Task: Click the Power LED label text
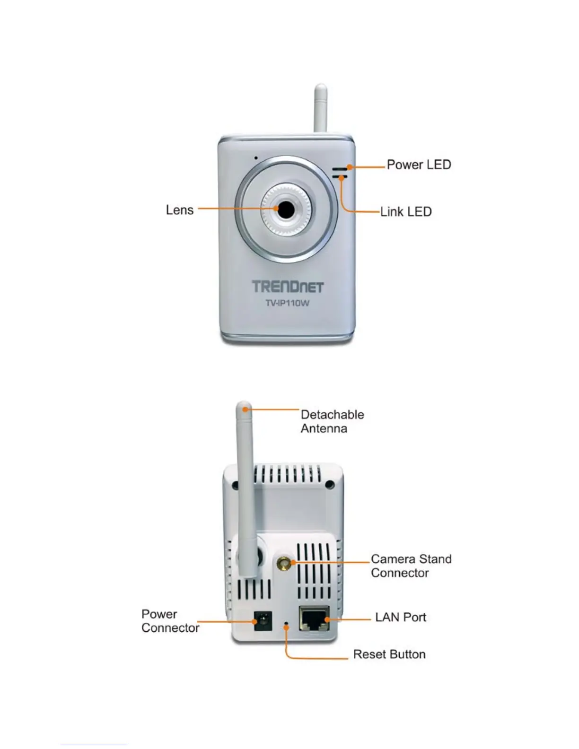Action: (419, 165)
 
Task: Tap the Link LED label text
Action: (406, 211)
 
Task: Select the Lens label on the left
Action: (180, 210)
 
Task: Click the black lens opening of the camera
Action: (285, 209)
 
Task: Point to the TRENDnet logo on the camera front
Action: (287, 287)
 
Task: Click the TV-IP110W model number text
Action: (287, 303)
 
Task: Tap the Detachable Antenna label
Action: (332, 421)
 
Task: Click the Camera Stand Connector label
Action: (411, 566)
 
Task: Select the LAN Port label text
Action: (400, 618)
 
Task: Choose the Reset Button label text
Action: (389, 654)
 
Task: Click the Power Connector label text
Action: (170, 621)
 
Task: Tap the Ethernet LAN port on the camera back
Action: (314, 618)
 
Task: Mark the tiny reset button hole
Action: (286, 627)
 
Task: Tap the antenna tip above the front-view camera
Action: (321, 89)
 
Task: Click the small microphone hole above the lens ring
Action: (256, 158)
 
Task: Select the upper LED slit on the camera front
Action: (340, 168)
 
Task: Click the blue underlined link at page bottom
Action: (93, 745)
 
